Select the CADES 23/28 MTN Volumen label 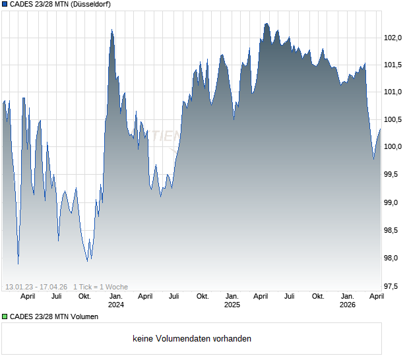[54, 317]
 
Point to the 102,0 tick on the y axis [393, 38]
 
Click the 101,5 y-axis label [393, 65]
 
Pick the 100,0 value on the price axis [393, 147]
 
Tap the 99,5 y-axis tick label [393, 175]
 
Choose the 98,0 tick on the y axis [393, 258]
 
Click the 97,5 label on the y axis [393, 286]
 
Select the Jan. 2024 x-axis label [115, 300]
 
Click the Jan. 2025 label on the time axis [232, 300]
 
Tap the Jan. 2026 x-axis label [348, 300]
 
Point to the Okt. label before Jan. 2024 [84, 296]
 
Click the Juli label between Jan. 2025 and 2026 [289, 296]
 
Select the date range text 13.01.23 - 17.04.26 [36, 287]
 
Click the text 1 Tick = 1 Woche [101, 287]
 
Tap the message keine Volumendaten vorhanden [192, 339]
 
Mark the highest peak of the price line [266, 24]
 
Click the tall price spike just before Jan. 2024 [111, 30]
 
